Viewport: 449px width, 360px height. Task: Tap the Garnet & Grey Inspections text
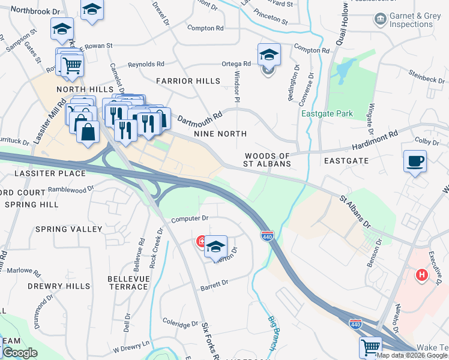point(411,20)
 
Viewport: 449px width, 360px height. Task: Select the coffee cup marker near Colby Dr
point(415,161)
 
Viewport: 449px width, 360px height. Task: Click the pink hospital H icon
point(422,275)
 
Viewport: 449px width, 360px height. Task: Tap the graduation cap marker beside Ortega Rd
point(269,55)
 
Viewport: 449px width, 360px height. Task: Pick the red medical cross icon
point(201,242)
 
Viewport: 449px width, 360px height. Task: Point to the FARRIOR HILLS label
point(183,80)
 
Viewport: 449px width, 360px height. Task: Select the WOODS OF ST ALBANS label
point(268,160)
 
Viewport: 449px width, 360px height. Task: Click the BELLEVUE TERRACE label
point(128,283)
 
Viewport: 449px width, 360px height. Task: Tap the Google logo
point(20,353)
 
